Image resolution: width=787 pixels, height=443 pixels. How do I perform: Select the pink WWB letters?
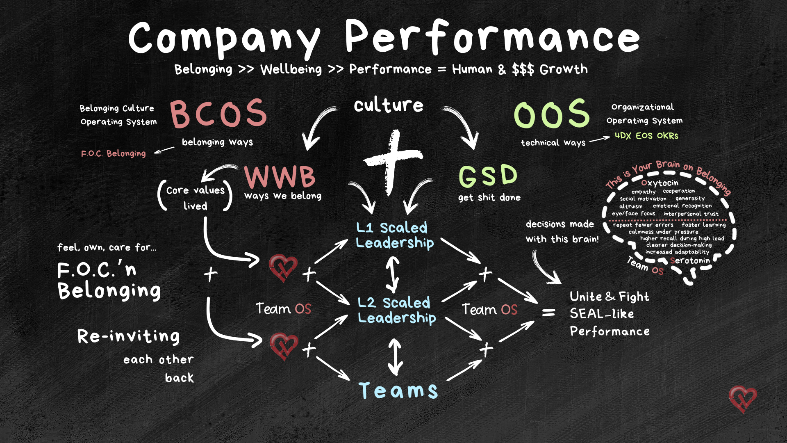[x=280, y=176]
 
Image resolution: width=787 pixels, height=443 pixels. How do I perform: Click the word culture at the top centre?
[x=388, y=105]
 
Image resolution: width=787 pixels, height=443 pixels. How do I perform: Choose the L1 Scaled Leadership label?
[x=394, y=235]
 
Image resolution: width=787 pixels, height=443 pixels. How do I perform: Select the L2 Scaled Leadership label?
[x=396, y=310]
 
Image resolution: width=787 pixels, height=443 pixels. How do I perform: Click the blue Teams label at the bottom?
[x=398, y=390]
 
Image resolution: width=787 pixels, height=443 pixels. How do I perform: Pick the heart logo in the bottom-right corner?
[x=742, y=399]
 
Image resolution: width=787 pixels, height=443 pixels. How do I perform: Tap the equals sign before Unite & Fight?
[x=548, y=313]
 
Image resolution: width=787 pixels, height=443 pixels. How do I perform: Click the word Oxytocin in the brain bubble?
[x=660, y=183]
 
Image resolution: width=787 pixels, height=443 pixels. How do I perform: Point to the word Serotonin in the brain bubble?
[x=690, y=261]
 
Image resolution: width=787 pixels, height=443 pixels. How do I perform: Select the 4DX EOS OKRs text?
[x=646, y=136]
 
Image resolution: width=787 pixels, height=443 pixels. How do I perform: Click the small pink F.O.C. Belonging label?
[x=114, y=154]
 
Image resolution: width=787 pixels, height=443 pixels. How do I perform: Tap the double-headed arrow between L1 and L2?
[x=392, y=274]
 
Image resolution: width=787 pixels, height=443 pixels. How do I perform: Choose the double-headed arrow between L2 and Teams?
[x=395, y=356]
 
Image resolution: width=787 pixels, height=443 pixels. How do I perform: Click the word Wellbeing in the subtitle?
[x=291, y=69]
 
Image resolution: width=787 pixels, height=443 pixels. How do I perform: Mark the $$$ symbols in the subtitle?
[x=523, y=70]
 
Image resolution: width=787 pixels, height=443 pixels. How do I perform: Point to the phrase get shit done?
[x=489, y=198]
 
